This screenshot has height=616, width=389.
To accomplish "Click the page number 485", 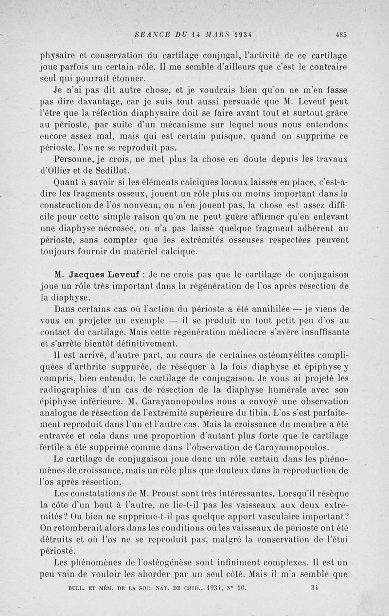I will click(340, 35).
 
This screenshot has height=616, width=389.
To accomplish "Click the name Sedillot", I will click(115, 170).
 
